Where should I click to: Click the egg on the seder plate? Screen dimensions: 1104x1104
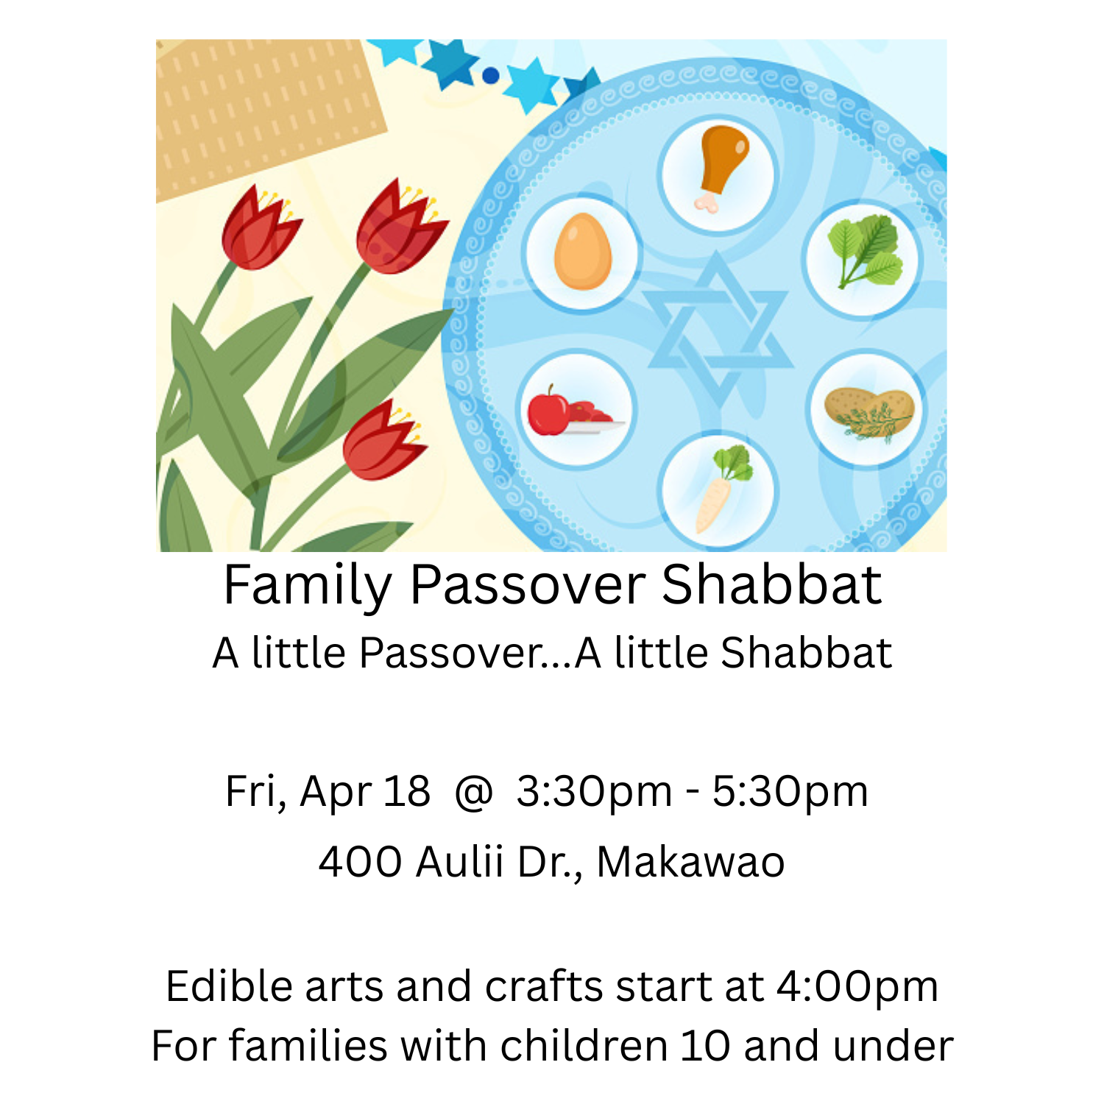(x=582, y=252)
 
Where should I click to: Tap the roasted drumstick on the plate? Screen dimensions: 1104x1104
(x=721, y=163)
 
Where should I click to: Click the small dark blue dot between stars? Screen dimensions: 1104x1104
(x=491, y=75)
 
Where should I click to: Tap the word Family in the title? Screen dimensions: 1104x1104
(x=308, y=587)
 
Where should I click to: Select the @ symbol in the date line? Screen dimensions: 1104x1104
(x=473, y=792)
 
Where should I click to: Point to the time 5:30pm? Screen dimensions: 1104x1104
(x=790, y=792)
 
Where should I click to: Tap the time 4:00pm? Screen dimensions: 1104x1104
(x=857, y=986)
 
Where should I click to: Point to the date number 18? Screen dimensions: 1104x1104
(x=407, y=792)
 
